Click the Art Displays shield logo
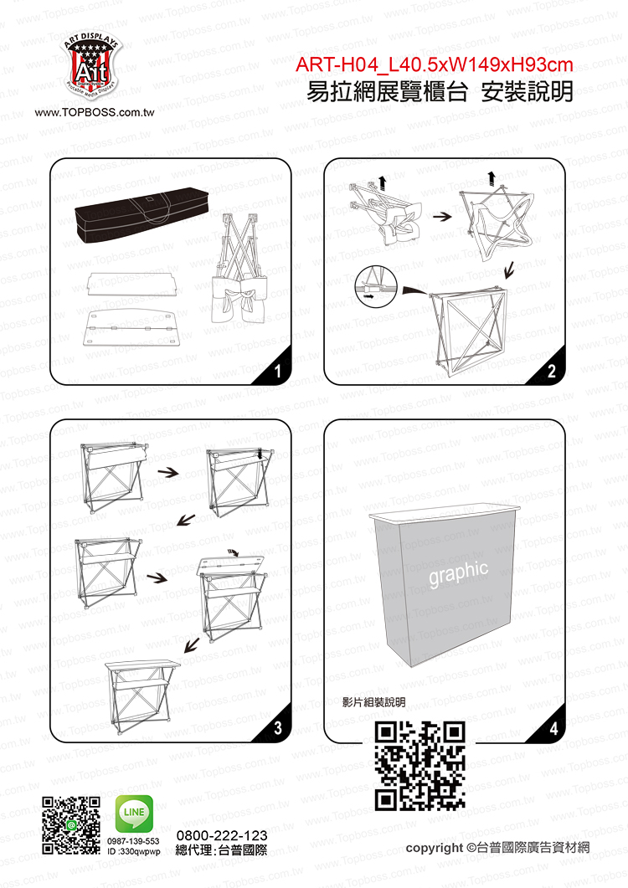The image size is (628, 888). pos(92,67)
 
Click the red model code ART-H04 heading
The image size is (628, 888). pos(435,65)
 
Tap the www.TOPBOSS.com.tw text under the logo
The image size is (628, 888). pos(95,112)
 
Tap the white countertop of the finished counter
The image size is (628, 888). pos(444,512)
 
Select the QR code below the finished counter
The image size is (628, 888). pos(420,765)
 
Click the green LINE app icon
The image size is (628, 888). pos(134,814)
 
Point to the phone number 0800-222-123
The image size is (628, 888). pos(222,835)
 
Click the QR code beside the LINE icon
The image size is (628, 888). pos(71,825)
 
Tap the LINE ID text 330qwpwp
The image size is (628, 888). pos(134,851)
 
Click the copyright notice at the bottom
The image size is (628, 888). pos(497,848)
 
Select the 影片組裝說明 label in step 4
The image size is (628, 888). pos(373,702)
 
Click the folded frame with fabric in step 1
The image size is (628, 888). pos(239,274)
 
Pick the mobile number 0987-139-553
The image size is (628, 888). pos(134,841)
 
